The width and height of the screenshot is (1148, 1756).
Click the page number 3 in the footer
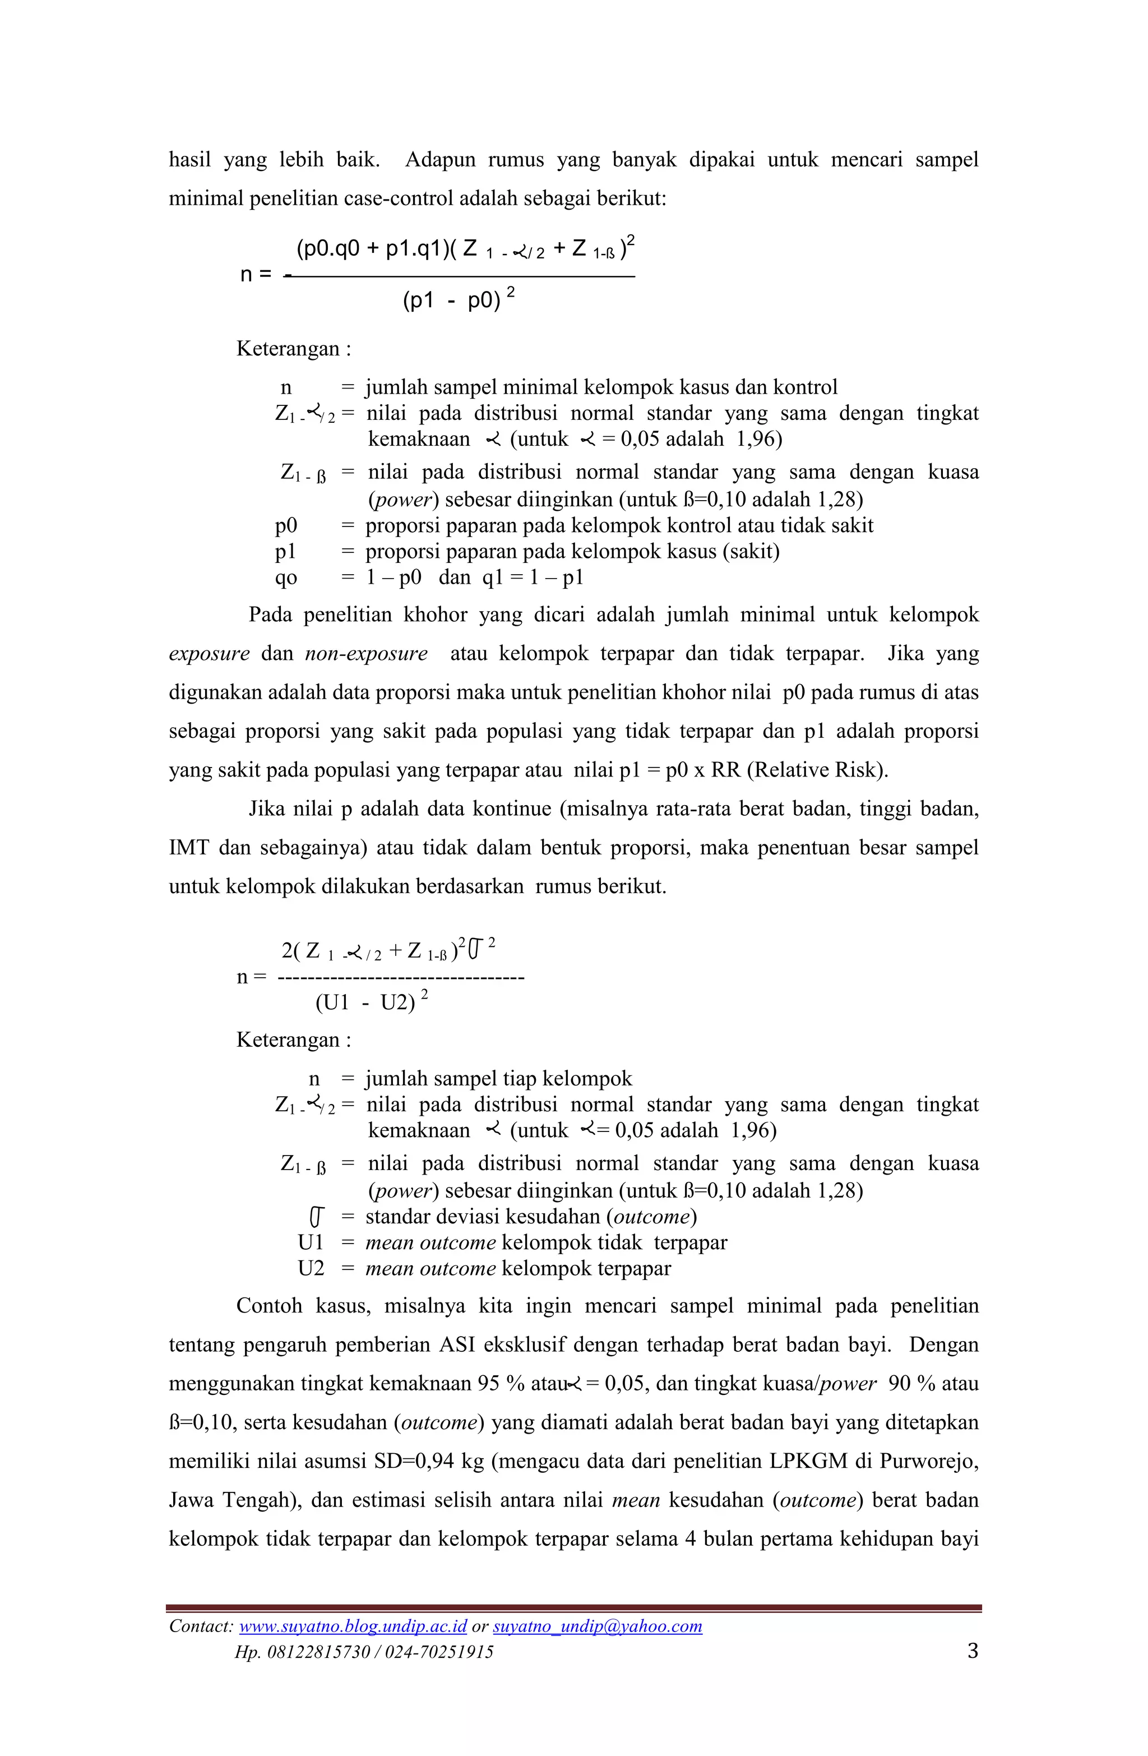973,1651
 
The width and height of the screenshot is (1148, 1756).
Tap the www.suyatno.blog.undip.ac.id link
353,1626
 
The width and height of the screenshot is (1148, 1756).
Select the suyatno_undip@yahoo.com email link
597,1626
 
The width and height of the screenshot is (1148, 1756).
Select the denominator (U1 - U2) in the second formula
365,1002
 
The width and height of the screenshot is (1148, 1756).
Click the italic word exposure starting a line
209,654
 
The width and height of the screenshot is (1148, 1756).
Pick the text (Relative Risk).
817,770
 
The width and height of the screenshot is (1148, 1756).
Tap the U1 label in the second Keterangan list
311,1242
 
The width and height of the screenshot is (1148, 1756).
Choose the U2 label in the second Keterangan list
311,1268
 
